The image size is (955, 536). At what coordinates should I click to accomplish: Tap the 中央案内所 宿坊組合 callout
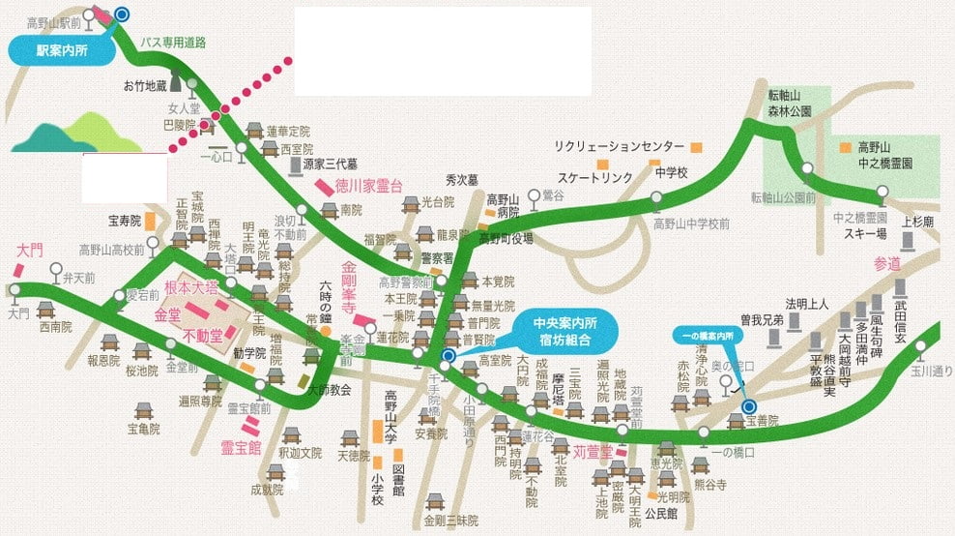point(562,332)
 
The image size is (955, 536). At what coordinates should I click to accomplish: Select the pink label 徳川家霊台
point(368,186)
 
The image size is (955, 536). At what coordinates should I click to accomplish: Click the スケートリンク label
point(593,178)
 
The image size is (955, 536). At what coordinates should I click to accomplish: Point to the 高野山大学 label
point(392,415)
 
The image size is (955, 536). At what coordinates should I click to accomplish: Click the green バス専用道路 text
point(174,43)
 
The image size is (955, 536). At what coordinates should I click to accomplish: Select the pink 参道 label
point(886,263)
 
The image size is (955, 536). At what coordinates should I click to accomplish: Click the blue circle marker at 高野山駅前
point(121,14)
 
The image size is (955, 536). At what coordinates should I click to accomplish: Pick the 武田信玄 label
point(900,317)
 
